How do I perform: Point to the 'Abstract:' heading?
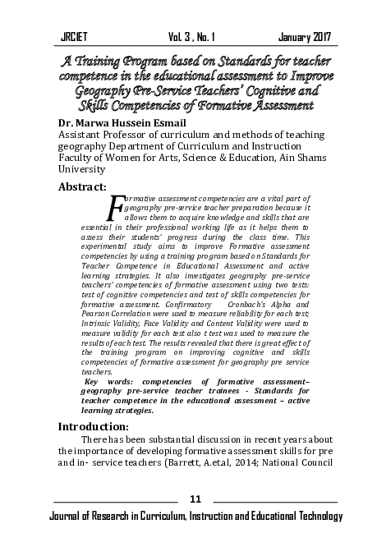(x=83, y=186)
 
